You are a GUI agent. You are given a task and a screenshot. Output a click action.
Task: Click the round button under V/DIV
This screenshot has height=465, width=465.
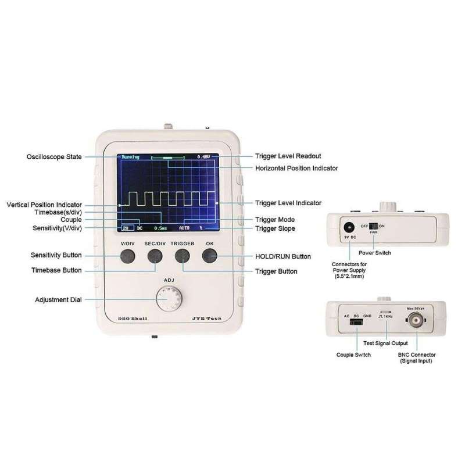click(127, 256)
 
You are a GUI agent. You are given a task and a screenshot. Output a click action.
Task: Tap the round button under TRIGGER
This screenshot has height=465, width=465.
click(182, 256)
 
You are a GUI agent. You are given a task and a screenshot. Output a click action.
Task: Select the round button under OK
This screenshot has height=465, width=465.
click(210, 256)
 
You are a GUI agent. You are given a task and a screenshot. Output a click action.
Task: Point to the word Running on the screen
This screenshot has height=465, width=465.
click(131, 157)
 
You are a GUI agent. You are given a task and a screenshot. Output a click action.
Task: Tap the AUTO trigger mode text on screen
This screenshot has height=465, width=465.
click(184, 228)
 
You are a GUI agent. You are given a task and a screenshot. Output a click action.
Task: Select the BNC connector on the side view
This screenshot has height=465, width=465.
click(414, 321)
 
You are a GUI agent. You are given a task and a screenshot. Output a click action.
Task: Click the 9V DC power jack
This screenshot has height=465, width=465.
click(349, 228)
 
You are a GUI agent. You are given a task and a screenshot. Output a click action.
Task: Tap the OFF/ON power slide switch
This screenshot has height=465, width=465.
click(374, 225)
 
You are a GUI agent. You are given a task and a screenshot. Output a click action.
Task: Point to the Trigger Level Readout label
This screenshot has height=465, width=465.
click(288, 156)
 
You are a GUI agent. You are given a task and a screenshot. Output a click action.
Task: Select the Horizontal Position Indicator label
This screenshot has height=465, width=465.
click(296, 168)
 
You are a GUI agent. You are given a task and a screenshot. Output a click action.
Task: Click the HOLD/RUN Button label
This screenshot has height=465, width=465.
click(283, 256)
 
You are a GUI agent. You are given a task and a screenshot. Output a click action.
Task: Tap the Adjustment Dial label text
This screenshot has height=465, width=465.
click(58, 300)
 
